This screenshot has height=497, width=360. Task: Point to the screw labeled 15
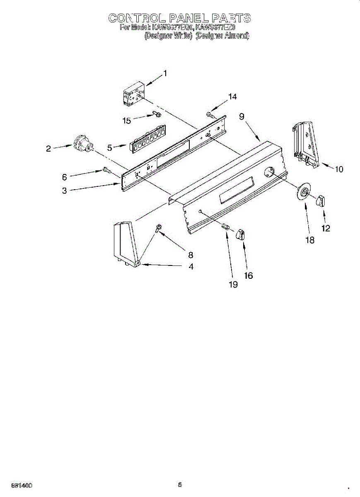pos(156,113)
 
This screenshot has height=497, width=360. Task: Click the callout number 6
pos(64,177)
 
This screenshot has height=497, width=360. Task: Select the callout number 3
pos(64,191)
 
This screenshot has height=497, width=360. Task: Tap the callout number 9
pos(242,117)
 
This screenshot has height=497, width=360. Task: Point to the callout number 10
pos(339,169)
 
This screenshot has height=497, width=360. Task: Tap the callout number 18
pos(309,240)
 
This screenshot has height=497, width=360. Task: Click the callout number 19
pos(233,285)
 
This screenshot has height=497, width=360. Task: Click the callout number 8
pos(191,255)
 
